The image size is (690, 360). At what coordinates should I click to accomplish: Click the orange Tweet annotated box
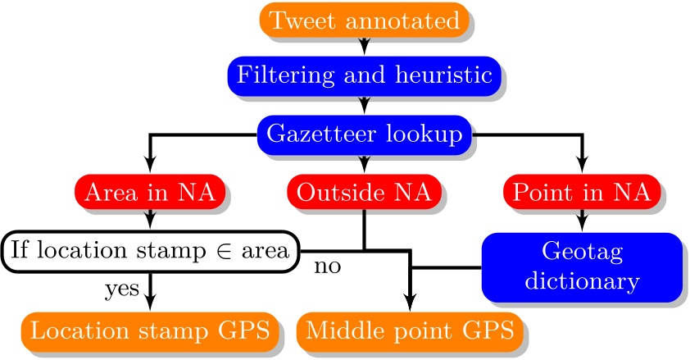tap(365, 21)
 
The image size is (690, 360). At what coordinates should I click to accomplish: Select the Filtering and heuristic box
tap(365, 75)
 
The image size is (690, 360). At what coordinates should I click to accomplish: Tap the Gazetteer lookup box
tap(365, 132)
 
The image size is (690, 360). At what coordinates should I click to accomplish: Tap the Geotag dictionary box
tap(581, 266)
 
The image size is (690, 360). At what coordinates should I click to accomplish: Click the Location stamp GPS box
tap(150, 330)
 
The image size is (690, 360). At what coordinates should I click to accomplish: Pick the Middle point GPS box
tap(410, 330)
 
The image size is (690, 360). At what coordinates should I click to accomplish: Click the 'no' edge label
tap(327, 267)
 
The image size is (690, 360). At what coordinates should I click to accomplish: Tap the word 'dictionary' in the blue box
tap(581, 281)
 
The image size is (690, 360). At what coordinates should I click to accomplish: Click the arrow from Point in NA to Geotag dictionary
tap(581, 219)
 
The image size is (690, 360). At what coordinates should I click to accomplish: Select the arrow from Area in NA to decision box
tap(150, 219)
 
